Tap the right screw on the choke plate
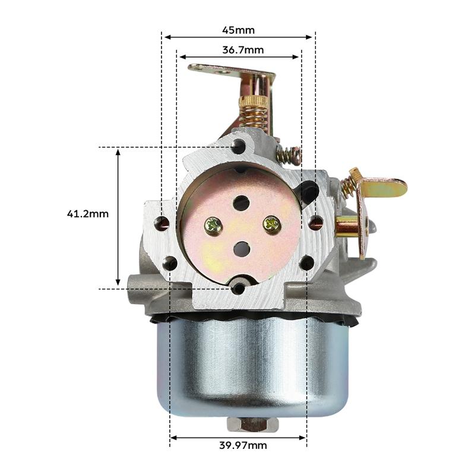(x=271, y=224)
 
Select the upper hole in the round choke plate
(x=241, y=203)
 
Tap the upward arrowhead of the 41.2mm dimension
(x=119, y=153)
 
